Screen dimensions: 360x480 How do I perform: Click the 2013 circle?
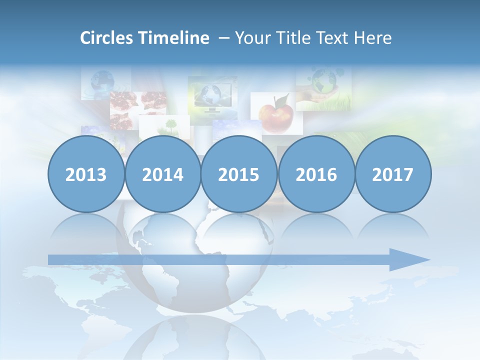pos(86,174)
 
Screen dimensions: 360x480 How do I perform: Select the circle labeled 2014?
pos(163,174)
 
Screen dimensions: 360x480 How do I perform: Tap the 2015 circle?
pos(239,174)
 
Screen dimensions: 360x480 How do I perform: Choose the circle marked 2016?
pos(316,174)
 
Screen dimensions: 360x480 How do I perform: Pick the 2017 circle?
pos(393,174)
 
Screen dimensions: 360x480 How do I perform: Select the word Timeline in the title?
pos(174,38)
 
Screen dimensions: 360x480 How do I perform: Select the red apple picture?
pos(276,114)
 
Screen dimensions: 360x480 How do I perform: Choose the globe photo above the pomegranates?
pos(103,81)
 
